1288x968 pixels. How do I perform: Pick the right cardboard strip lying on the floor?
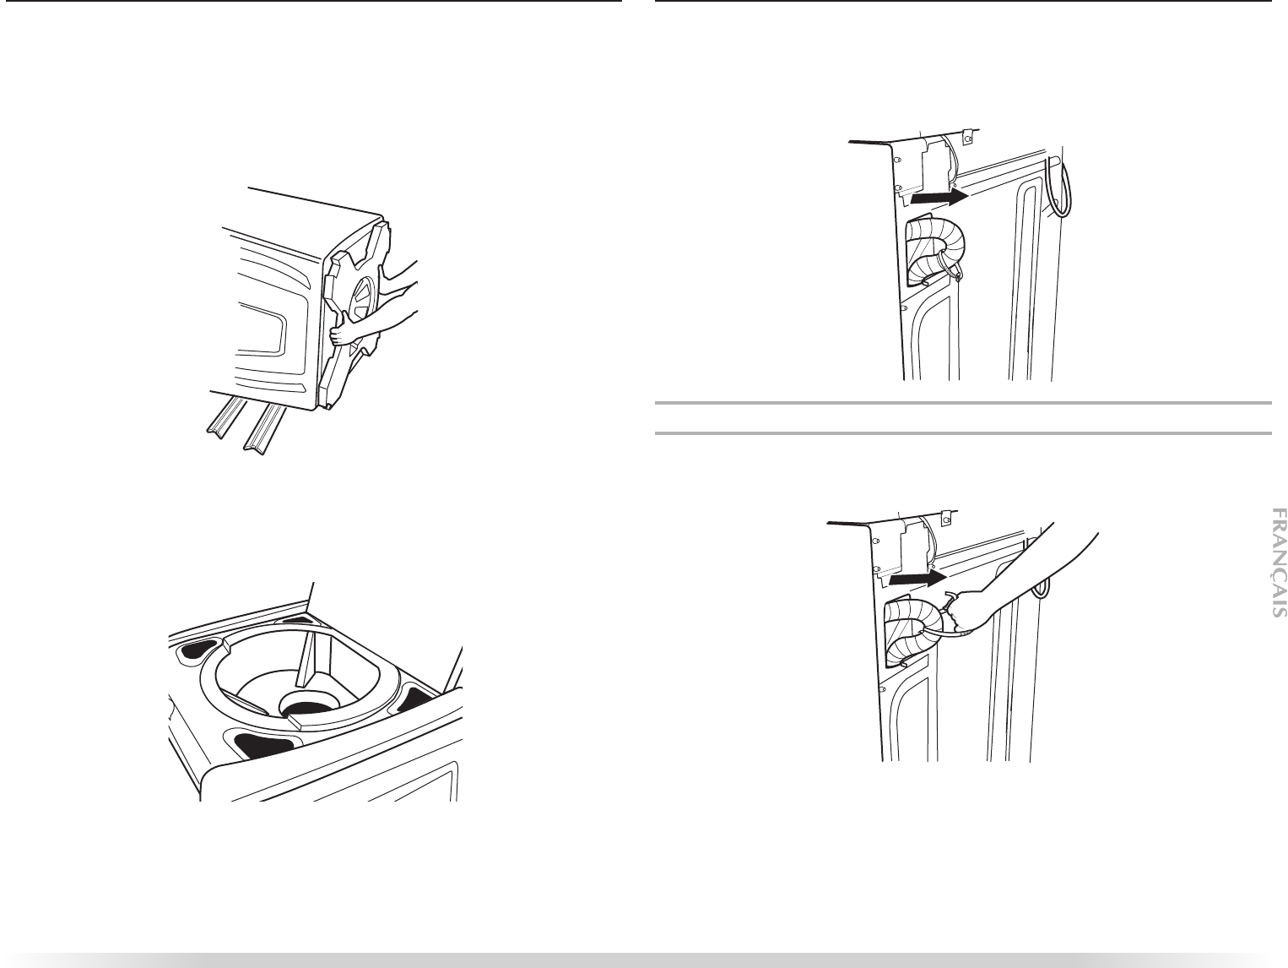265,427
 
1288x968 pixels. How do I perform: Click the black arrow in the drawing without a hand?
939,198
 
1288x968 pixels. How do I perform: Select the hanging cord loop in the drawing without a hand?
1061,188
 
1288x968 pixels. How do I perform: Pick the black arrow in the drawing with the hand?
917,579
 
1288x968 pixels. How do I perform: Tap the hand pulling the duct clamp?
962,611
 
